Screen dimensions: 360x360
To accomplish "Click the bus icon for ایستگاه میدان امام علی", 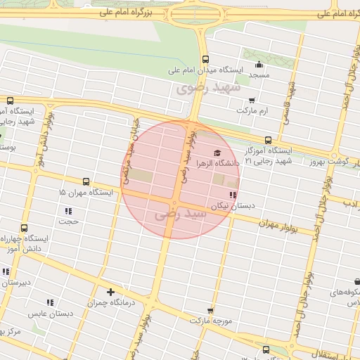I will pos(205,59).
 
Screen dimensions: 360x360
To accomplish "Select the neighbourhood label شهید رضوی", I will pos(208,88).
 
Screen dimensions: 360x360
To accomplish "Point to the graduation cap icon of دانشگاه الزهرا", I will pos(217,153).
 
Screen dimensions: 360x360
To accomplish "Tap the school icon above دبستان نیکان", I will pos(232,195).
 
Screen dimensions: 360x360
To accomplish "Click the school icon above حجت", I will pos(68,211).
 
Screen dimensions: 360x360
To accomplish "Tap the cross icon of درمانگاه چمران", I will pos(110,292).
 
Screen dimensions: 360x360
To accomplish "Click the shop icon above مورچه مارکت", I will pos(210,310).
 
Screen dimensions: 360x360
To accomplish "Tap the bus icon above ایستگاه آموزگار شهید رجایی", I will pos(268,140).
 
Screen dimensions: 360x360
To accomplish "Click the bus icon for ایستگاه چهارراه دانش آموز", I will pos(25,228).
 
